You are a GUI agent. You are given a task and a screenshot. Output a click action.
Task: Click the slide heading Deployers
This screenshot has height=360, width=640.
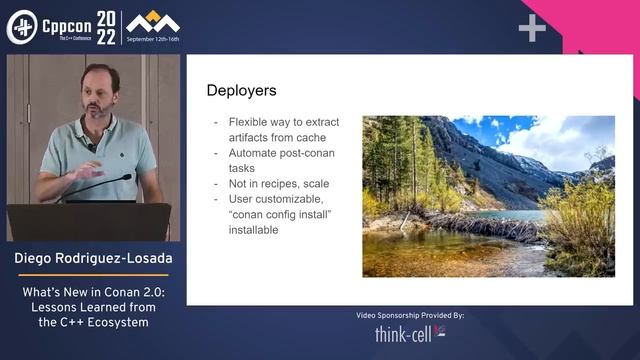[241, 91]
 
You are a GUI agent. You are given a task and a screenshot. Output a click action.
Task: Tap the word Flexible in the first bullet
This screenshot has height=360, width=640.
[249, 123]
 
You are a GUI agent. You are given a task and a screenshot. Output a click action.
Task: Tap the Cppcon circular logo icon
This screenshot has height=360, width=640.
[21, 27]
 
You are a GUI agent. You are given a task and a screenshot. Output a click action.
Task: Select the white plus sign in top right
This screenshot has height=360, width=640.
[532, 28]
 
